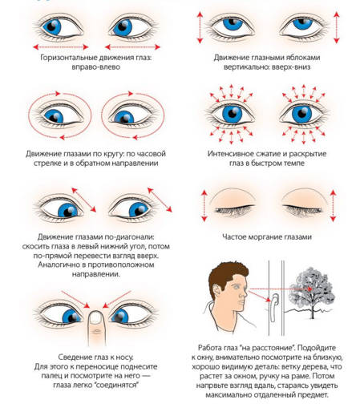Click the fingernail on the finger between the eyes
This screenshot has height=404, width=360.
point(96,317)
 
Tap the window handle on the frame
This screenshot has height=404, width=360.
point(273,307)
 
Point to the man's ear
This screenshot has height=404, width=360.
point(216,291)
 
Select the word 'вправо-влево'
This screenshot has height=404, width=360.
point(95,67)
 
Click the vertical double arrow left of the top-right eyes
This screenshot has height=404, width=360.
point(200,27)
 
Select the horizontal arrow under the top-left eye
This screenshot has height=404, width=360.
point(61,47)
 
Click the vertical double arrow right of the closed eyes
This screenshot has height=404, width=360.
point(333,205)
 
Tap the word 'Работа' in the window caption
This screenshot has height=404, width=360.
point(210,348)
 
